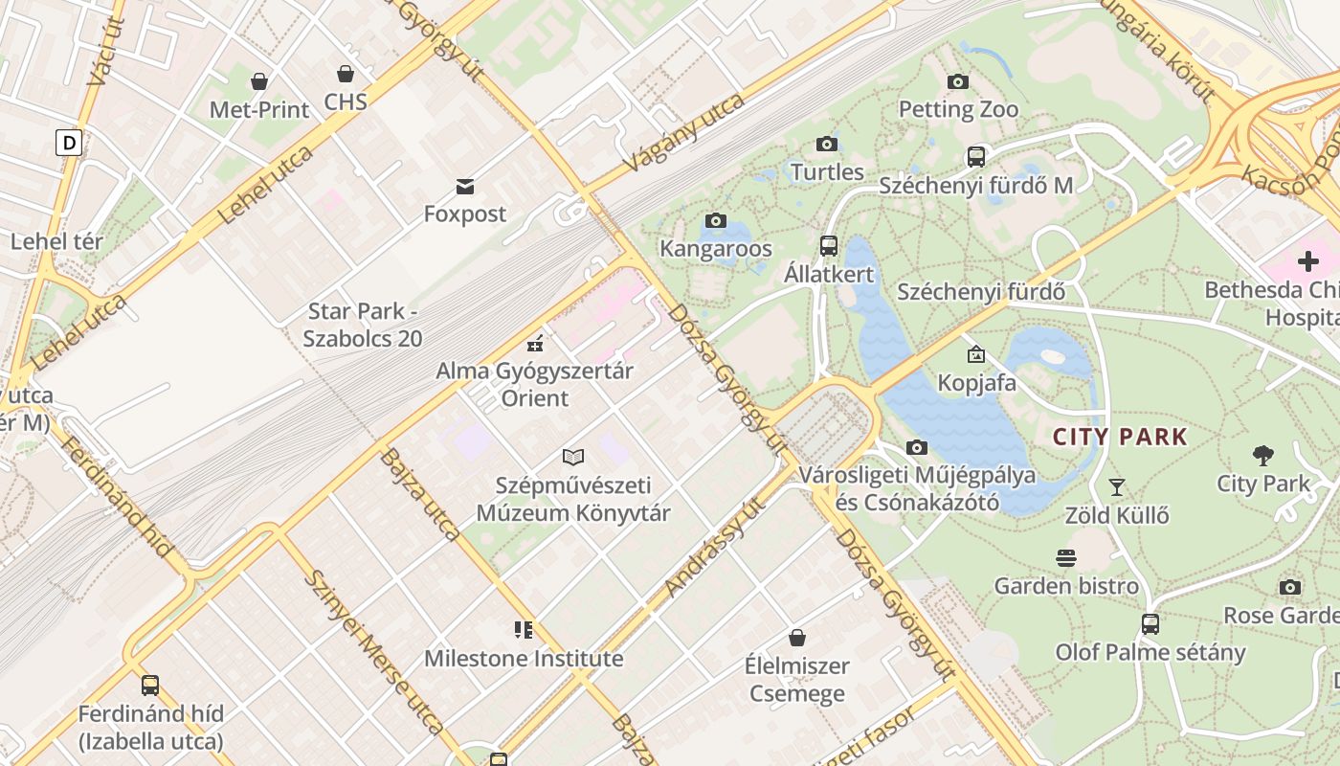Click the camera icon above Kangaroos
point(715,221)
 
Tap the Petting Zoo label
point(958,109)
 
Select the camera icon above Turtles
point(827,145)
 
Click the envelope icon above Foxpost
point(465,186)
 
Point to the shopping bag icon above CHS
point(346,74)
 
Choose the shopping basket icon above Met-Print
point(259,81)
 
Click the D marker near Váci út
point(69,143)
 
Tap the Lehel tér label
point(56,241)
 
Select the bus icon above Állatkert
point(829,246)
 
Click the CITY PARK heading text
point(1120,438)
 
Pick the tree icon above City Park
point(1263,456)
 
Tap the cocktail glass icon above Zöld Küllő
point(1116,487)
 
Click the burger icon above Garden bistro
point(1066,557)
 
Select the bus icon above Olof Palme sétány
point(1150,624)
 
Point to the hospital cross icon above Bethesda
point(1307,260)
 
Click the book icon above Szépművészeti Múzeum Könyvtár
point(573,458)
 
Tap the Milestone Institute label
point(524,659)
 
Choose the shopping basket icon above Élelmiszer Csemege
point(796,637)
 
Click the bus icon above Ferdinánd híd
point(150,686)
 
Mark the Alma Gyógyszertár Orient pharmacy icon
point(535,343)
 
